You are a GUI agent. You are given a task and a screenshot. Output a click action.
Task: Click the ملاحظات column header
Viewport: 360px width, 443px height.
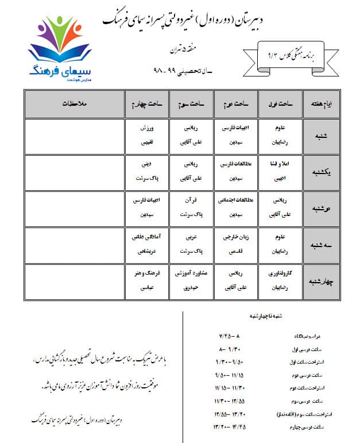pos(78,104)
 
